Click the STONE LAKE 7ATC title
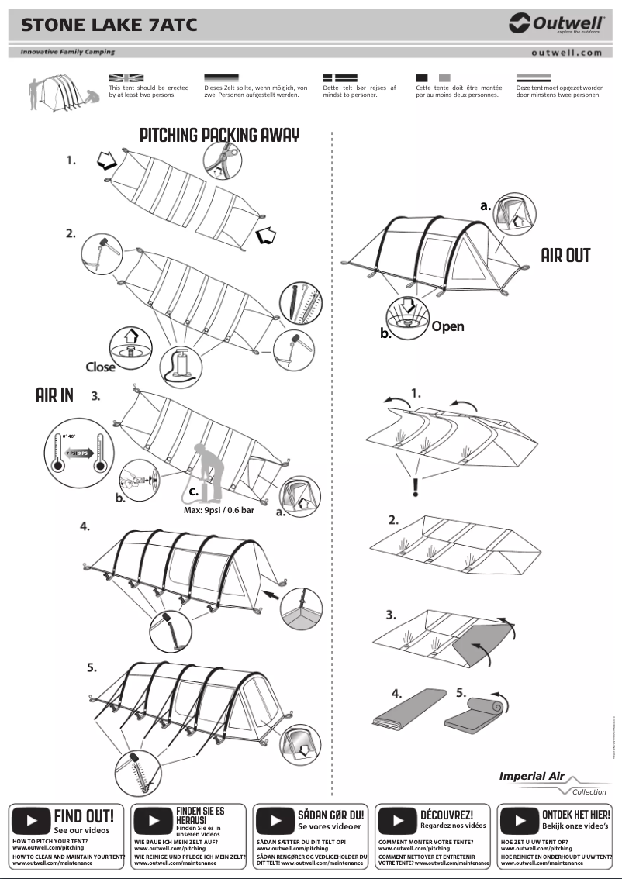(x=109, y=26)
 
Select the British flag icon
(x=126, y=78)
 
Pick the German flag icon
(x=221, y=78)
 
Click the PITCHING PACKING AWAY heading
(x=219, y=135)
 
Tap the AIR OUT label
(x=565, y=256)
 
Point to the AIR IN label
(x=54, y=395)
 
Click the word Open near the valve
(x=447, y=326)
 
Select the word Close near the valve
(x=100, y=367)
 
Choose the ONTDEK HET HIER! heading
(x=575, y=815)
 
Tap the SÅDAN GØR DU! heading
(x=330, y=815)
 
